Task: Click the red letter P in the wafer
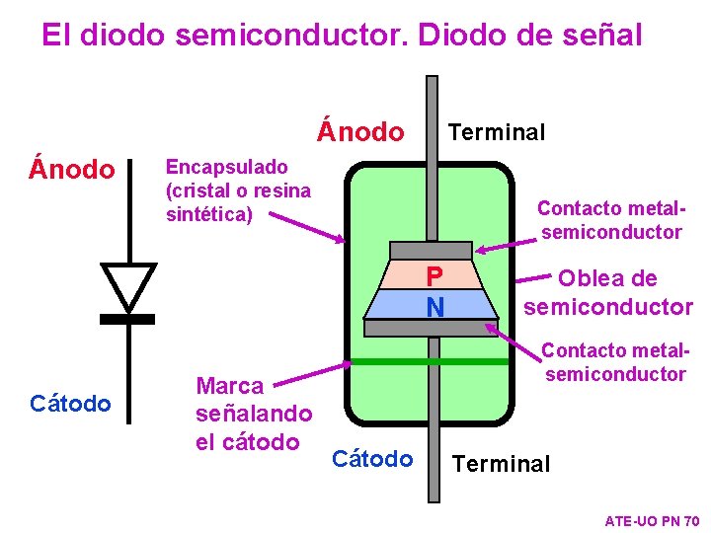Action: coord(434,276)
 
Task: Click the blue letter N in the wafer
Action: coord(434,308)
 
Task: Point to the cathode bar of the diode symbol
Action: coord(128,319)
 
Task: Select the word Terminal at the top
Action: coord(496,132)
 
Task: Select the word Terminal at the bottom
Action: coord(501,463)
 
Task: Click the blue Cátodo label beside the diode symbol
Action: coord(70,403)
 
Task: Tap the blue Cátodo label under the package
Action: coord(372,459)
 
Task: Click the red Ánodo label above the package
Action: coord(360,131)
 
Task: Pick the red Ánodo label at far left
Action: coord(72,170)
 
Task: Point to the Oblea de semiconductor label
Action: coord(607,292)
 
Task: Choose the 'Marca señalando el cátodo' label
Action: coord(254,413)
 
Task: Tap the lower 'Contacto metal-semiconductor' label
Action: coord(614,362)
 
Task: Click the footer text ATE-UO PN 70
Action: coord(652,520)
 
